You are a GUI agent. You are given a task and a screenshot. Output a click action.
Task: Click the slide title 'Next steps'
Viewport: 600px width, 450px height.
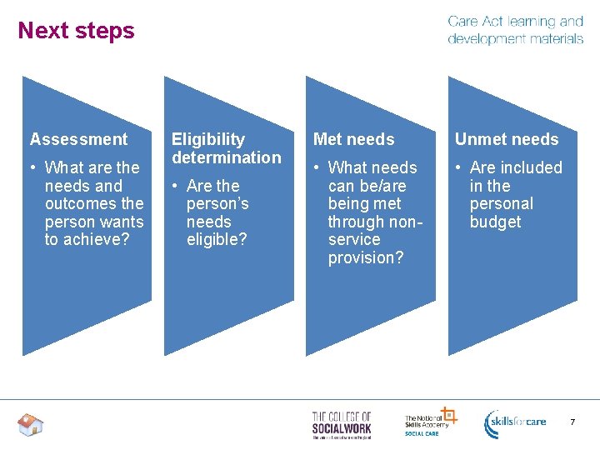click(x=76, y=31)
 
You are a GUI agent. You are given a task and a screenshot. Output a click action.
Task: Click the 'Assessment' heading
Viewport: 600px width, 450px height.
click(x=79, y=139)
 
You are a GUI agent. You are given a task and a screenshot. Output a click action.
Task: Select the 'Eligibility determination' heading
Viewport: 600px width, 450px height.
click(x=226, y=148)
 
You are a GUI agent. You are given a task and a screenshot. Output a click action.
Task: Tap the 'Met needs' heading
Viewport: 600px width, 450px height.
click(x=353, y=139)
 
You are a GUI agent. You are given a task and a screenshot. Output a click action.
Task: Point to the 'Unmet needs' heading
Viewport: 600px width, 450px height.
click(x=507, y=139)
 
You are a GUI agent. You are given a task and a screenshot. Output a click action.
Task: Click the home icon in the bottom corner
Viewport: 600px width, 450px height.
click(x=30, y=425)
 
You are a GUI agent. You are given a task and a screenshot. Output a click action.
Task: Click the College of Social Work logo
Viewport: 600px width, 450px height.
click(x=342, y=424)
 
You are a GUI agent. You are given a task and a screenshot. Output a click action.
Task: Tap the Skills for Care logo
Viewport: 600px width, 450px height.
click(x=516, y=422)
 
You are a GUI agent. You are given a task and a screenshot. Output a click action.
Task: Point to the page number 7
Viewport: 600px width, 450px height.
click(x=572, y=422)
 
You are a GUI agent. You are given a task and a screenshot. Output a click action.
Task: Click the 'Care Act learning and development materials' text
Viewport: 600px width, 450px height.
click(x=515, y=30)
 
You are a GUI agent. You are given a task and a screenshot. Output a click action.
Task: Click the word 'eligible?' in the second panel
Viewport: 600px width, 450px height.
click(x=217, y=240)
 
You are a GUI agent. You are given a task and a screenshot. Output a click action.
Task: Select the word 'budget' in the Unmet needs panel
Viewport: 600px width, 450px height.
click(x=495, y=222)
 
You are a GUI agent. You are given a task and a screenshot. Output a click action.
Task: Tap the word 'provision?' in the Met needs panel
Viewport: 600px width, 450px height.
click(x=365, y=258)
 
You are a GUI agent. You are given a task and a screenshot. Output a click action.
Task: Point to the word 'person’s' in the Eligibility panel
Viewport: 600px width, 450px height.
click(x=217, y=204)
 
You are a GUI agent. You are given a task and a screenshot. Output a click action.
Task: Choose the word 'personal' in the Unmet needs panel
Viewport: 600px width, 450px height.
click(x=501, y=204)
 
